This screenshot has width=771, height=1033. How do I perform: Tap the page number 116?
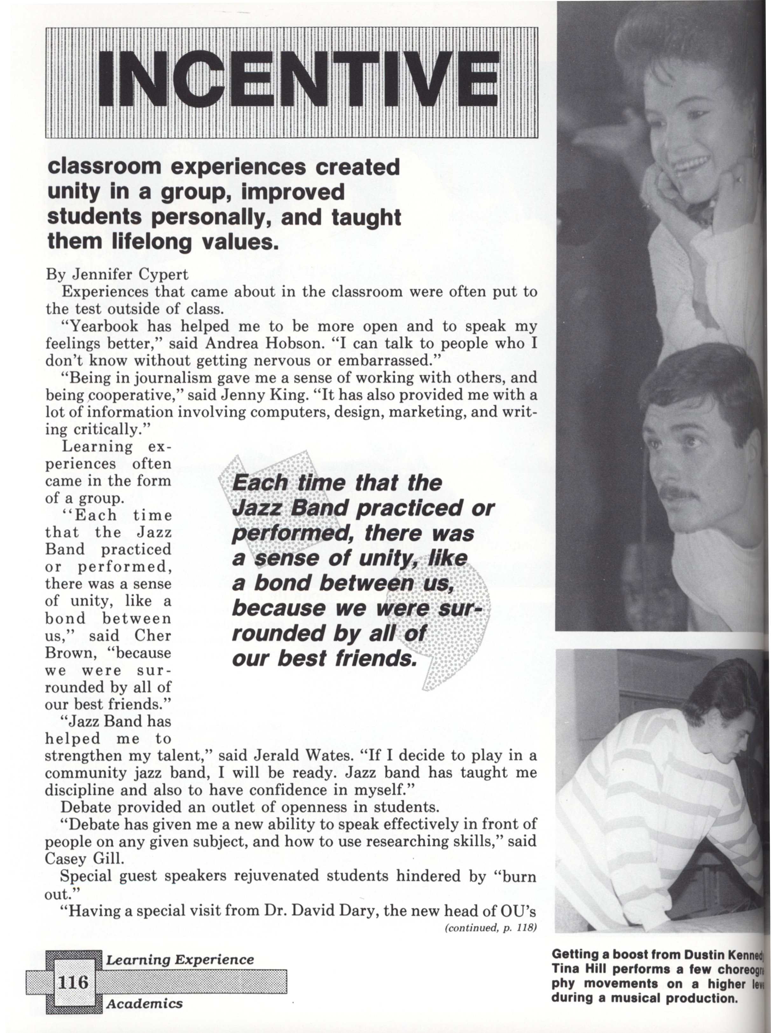[72, 981]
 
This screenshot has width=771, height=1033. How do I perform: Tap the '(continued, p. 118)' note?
[490, 927]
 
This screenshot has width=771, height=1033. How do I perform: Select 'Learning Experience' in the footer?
[180, 959]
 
